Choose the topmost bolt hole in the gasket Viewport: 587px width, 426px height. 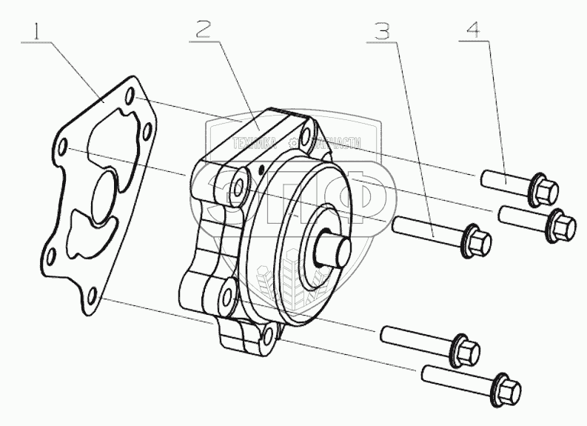130,97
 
